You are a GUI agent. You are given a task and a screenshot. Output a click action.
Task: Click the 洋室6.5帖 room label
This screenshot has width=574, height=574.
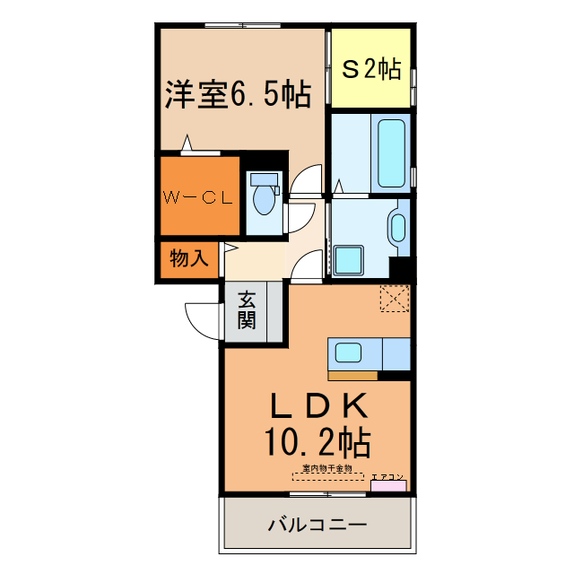(238, 93)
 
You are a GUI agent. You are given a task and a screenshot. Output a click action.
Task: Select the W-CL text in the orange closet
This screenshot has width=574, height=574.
(198, 198)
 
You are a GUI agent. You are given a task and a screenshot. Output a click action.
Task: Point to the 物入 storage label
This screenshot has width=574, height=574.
(189, 259)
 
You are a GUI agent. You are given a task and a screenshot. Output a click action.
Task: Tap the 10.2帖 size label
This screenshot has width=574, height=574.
(318, 441)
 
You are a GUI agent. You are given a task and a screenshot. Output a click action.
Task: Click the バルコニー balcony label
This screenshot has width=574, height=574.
(317, 524)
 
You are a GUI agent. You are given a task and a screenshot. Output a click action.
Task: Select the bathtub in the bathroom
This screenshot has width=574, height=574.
(390, 152)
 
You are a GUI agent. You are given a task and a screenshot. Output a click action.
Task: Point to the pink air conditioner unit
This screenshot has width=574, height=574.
(388, 486)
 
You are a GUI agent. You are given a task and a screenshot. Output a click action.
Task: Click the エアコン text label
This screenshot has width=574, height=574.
(388, 476)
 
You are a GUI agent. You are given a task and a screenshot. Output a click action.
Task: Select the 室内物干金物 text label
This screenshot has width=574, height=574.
(327, 468)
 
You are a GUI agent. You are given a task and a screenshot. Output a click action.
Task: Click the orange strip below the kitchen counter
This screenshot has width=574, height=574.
(352, 375)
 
